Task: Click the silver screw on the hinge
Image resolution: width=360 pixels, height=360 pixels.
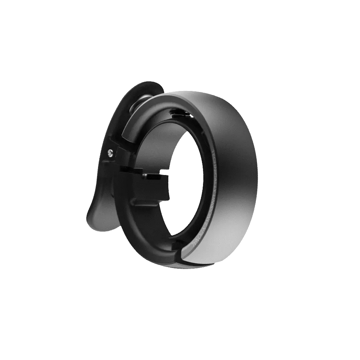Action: click(110, 152)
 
